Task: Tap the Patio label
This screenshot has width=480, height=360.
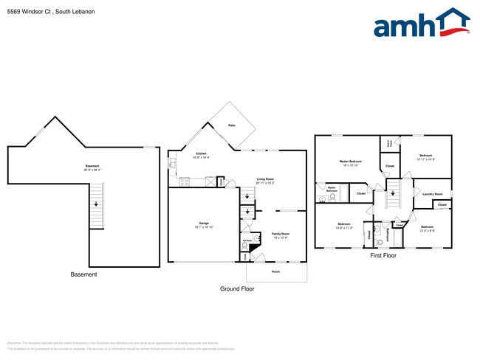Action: (x=231, y=126)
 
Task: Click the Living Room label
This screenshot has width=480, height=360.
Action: (x=265, y=181)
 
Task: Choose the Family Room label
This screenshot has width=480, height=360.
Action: (x=281, y=235)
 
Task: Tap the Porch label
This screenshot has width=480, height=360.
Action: (x=275, y=271)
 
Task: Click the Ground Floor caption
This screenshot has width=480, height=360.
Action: (x=237, y=289)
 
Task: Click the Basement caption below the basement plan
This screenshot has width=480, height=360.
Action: (x=83, y=274)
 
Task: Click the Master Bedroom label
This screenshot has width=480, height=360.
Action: (x=350, y=162)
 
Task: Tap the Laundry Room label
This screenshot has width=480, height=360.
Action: (x=432, y=195)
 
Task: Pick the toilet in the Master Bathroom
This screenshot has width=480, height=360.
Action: (x=332, y=198)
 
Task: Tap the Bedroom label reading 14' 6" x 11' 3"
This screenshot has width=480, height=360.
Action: (x=344, y=226)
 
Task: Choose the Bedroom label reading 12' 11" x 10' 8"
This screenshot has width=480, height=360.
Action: (x=425, y=157)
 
